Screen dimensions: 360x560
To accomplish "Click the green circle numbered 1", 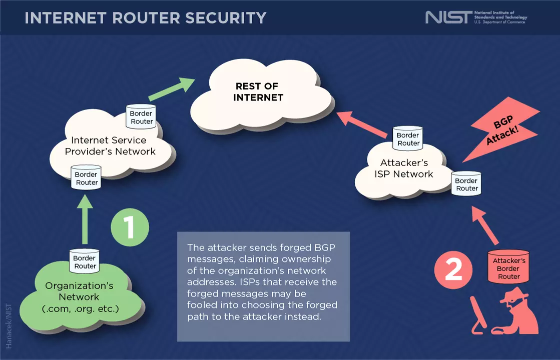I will pyautogui.click(x=130, y=227).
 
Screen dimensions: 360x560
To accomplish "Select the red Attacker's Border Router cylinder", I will pyautogui.click(x=508, y=268).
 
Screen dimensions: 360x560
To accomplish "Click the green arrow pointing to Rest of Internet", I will pyautogui.click(x=172, y=89).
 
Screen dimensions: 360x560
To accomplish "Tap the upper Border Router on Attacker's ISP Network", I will pyautogui.click(x=408, y=138).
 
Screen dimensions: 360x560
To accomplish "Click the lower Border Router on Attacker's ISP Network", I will pyautogui.click(x=466, y=184).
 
